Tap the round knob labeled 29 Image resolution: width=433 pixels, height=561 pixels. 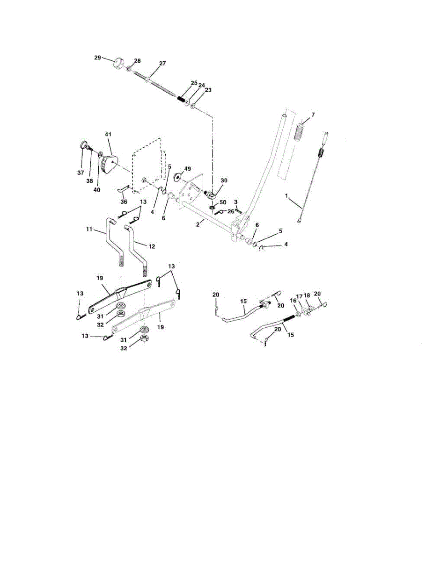(x=119, y=63)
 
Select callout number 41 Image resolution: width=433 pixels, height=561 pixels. (x=108, y=135)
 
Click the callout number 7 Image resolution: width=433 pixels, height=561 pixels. (x=313, y=115)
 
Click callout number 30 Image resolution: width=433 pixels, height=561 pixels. (x=224, y=180)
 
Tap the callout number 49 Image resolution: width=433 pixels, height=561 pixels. (x=188, y=168)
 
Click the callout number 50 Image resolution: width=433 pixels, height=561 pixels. (x=223, y=202)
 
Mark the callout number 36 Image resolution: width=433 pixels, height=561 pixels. (x=124, y=202)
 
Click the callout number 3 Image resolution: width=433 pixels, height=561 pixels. (x=236, y=201)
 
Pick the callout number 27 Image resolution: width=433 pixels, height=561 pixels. (x=162, y=63)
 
